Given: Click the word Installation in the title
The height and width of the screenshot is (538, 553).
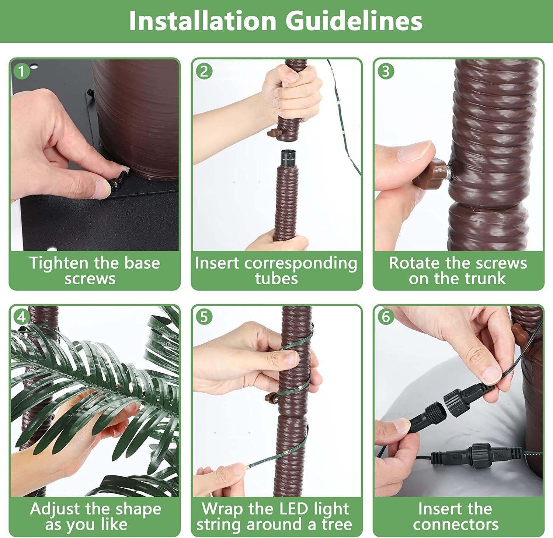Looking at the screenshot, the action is (203, 21).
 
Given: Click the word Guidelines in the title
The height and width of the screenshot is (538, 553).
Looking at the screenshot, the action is (354, 21).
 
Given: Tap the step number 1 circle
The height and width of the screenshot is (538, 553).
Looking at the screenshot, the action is (21, 71).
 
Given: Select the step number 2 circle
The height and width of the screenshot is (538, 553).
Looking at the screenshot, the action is (204, 71).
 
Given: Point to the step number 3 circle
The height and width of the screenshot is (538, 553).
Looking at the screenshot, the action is (386, 71).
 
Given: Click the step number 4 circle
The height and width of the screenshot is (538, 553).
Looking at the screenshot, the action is (21, 317).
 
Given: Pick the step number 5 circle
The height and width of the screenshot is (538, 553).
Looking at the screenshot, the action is (204, 317).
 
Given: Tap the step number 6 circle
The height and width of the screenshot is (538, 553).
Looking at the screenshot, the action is (386, 317).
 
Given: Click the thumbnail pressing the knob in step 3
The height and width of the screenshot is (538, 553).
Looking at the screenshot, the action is (415, 151).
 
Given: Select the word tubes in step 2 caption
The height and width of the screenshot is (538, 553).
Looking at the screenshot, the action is (276, 278).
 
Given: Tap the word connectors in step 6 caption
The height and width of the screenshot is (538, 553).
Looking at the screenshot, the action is (456, 525).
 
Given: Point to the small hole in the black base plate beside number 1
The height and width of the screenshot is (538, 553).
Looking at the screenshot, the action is (34, 67).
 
